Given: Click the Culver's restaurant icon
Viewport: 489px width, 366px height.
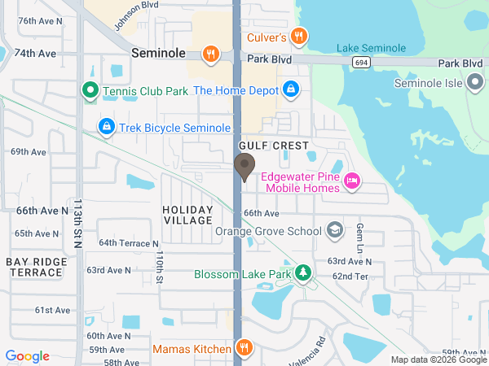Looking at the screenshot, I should click(x=300, y=36).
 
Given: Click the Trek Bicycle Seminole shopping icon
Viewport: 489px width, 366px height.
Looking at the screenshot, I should click(x=106, y=127).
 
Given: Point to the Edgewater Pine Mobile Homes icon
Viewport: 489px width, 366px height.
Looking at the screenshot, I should click(x=352, y=180).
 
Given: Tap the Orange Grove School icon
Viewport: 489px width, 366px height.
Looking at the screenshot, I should click(x=334, y=231).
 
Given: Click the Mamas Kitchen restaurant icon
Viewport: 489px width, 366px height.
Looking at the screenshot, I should click(x=243, y=348).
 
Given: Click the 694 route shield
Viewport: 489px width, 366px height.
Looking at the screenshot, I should click(x=359, y=62).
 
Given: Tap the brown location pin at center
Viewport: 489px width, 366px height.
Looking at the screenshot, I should click(x=244, y=167).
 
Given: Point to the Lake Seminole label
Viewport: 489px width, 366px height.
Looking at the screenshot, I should click(x=371, y=49).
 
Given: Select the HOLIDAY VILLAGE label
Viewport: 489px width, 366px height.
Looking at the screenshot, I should click(x=187, y=215).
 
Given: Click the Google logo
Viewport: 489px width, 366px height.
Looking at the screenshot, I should click(x=27, y=355).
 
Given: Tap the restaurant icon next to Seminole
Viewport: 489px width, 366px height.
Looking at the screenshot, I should click(x=211, y=54).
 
